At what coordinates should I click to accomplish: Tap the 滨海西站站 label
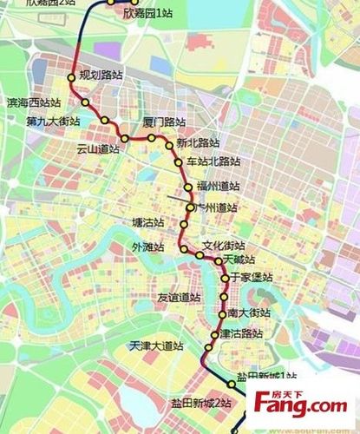coord(29,102)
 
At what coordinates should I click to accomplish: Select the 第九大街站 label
coord(53,121)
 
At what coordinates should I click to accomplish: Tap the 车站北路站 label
coord(213,161)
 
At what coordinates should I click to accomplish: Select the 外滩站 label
coord(147,247)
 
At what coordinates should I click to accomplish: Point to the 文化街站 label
coord(224,246)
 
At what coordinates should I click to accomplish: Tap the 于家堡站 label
coord(252,277)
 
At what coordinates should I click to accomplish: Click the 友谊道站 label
coord(179,297)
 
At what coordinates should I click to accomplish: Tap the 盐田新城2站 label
coord(200,404)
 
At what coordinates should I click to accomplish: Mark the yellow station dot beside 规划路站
coord(72,77)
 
